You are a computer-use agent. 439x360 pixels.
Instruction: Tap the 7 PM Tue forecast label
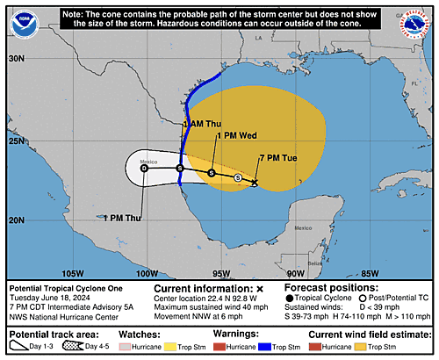coord(276,157)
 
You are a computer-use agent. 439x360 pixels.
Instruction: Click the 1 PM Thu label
coord(122,218)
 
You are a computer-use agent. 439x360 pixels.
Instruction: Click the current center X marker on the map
coord(255,183)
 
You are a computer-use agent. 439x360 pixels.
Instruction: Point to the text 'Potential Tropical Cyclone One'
coord(66,288)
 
